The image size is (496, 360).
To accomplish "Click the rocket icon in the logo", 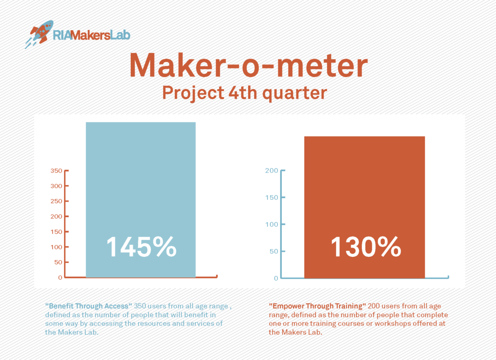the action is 39,34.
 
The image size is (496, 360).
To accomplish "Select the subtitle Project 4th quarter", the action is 245,94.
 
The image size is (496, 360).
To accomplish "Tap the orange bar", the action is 364,207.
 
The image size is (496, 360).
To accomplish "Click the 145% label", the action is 141,247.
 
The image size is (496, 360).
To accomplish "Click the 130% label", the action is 366,247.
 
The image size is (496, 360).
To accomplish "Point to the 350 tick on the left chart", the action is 57,171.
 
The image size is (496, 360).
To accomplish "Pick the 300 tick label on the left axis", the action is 57,186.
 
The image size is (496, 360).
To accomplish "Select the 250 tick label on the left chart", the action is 57,201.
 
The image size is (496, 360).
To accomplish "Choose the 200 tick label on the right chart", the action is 272,171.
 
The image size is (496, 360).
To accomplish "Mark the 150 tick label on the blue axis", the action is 272,197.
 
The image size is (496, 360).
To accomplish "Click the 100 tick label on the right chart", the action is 272,224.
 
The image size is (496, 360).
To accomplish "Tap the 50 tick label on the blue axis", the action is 274,251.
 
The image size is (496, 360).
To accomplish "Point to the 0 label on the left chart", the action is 60,278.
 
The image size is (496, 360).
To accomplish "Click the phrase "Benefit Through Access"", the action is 89,306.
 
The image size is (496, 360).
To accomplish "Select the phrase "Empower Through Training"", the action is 317,306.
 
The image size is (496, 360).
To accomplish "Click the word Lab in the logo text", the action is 120,35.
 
